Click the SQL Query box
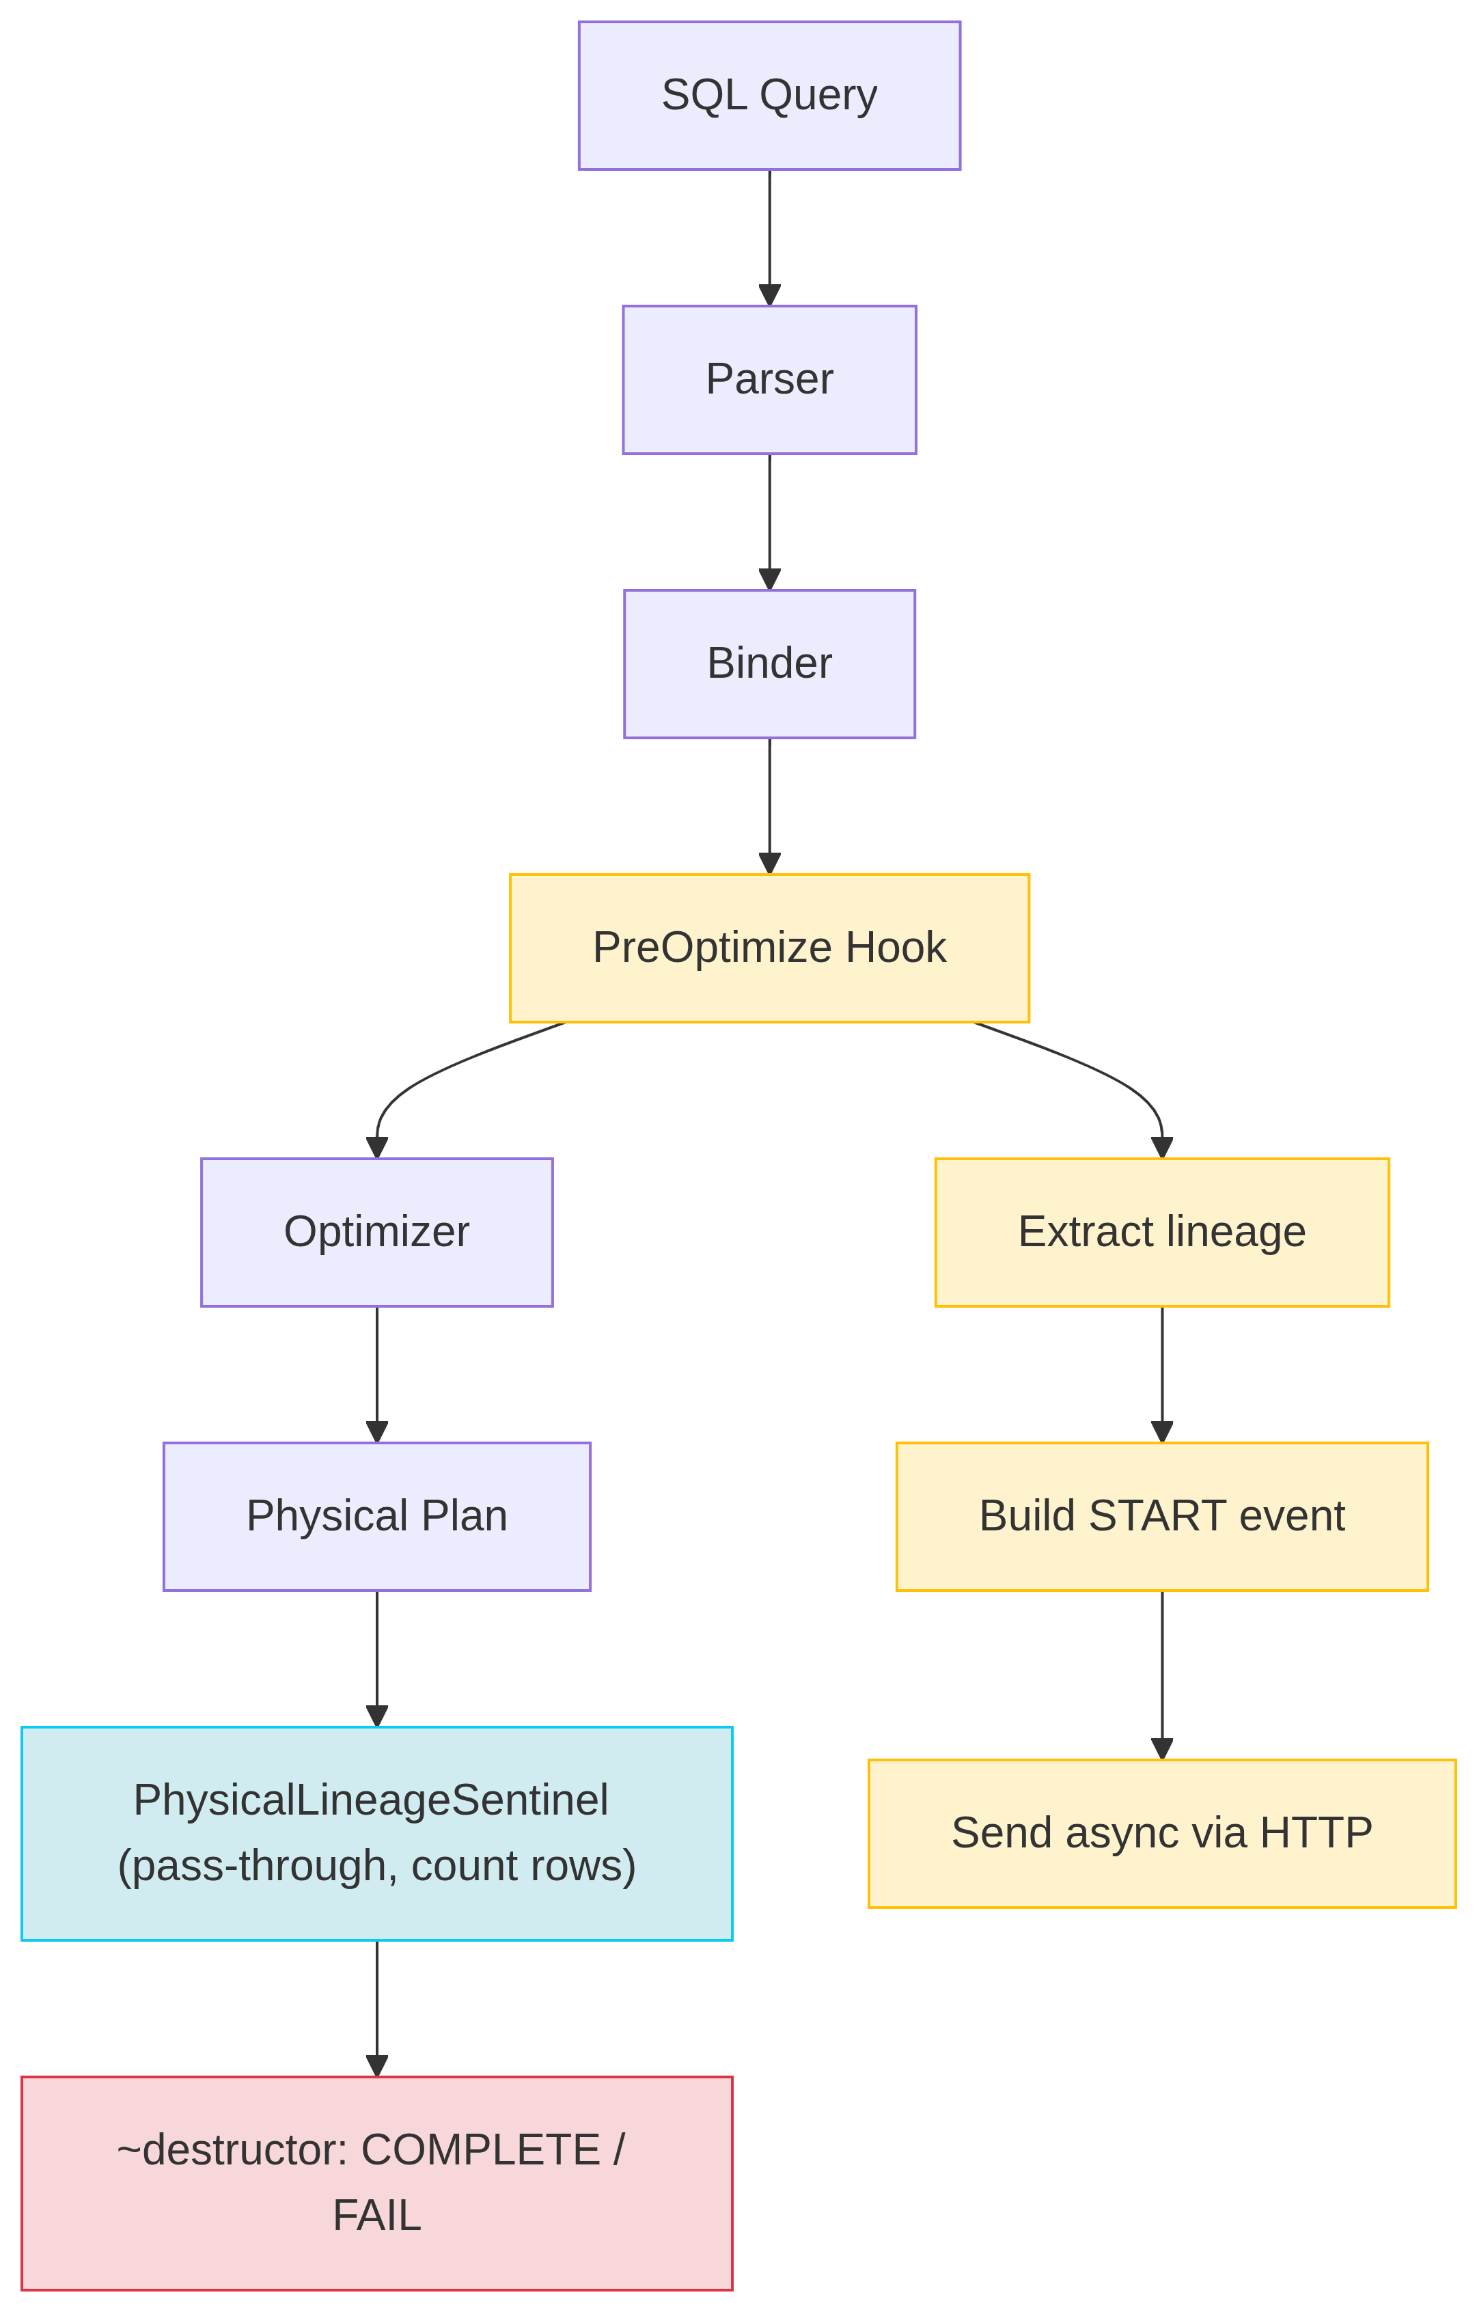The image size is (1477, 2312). [769, 95]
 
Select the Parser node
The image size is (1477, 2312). [769, 379]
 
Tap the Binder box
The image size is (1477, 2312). [769, 663]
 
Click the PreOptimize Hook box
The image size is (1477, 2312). [769, 948]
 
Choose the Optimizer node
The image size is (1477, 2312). [376, 1232]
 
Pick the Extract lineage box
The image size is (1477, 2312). [1161, 1232]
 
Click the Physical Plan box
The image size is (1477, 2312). [376, 1516]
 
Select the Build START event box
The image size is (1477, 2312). [1161, 1516]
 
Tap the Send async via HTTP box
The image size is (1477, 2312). [1161, 1833]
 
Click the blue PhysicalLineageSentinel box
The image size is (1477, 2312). [376, 1833]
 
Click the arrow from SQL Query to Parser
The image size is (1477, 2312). [769, 235]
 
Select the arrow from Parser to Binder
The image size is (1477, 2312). [769, 519]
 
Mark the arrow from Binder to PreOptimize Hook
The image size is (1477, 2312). [769, 803]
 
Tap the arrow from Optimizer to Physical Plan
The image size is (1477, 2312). [376, 1373]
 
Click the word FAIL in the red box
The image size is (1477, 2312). [376, 2215]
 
